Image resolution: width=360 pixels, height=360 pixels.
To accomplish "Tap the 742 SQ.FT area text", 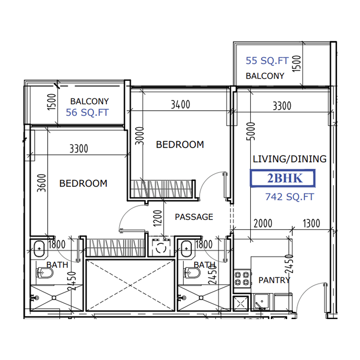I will click(289, 197).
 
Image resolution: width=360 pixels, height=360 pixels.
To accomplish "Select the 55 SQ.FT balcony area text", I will click(267, 61).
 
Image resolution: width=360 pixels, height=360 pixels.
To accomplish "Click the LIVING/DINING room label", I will click(289, 159).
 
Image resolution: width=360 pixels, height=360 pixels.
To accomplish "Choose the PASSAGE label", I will click(194, 217).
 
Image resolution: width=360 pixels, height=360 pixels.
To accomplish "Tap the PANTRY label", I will click(274, 280).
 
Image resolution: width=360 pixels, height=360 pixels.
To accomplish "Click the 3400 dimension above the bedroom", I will click(180, 105).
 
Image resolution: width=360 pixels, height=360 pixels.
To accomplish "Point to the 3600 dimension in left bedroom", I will click(42, 183).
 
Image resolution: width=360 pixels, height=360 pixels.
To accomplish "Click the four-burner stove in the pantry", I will click(241, 278).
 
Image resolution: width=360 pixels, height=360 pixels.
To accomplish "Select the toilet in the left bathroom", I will click(44, 273).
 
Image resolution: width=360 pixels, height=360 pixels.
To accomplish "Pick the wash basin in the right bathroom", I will click(186, 247).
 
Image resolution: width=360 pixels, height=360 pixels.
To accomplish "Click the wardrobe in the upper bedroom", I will click(163, 188).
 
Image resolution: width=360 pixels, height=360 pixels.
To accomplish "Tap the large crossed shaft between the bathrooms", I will click(130, 284).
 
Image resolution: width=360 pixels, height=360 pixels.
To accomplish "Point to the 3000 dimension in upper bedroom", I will click(139, 135).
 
